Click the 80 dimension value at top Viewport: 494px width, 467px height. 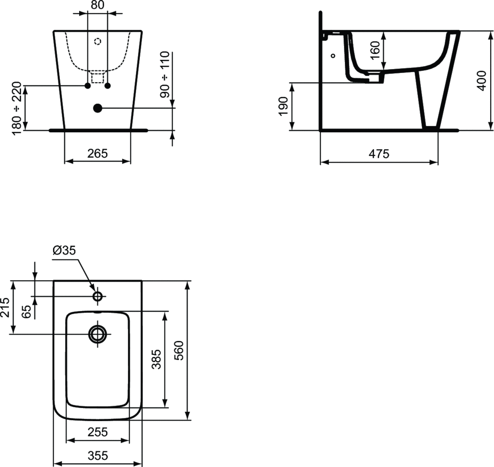click(x=97, y=6)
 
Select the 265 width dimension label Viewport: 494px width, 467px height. click(x=97, y=154)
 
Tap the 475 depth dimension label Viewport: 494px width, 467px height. click(x=379, y=154)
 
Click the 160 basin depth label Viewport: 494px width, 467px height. click(x=376, y=50)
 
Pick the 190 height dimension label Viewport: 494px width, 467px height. click(x=283, y=106)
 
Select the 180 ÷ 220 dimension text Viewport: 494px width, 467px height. click(x=17, y=108)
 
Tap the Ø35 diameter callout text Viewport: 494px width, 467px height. click(x=65, y=250)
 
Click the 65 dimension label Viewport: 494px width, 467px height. click(x=27, y=311)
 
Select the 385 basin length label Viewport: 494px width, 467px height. click(x=156, y=359)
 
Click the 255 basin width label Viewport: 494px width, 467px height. click(x=97, y=431)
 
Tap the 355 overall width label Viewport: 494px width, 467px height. click(x=97, y=455)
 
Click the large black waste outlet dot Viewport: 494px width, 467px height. click(x=97, y=108)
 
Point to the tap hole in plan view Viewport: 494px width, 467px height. click(x=97, y=296)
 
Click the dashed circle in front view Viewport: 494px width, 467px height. click(x=97, y=42)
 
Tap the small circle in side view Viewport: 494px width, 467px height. click(x=333, y=56)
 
